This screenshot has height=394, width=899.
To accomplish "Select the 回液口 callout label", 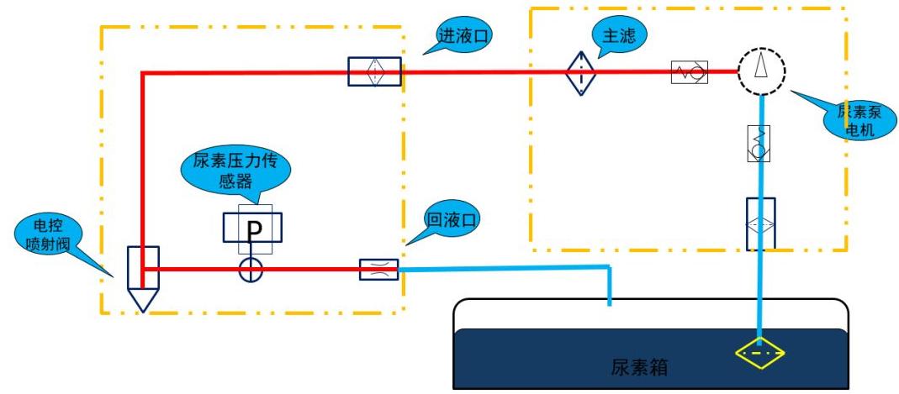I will tap(450, 221).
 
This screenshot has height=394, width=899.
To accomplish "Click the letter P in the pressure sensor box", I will tap(252, 229).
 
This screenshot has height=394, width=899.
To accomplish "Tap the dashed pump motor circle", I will tap(761, 71).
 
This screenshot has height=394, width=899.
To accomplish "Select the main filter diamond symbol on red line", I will tap(581, 72).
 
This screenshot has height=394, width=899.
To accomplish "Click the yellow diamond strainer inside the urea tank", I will tap(759, 353).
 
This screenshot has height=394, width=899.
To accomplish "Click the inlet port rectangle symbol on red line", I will tap(374, 72).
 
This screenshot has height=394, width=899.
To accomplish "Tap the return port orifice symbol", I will tap(378, 269).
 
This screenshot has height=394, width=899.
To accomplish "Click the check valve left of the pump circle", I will tap(689, 73).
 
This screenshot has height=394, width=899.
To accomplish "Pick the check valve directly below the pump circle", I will tap(759, 142).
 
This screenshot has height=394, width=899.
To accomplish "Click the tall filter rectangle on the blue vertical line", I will tap(760, 223).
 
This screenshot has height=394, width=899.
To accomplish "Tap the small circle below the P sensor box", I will tap(251, 270).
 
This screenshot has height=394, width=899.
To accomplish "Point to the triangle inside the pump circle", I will tap(761, 66).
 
